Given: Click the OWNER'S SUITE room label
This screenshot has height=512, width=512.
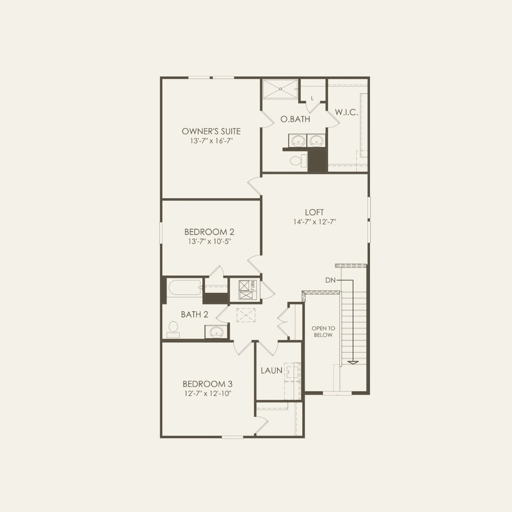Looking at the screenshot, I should point(211,131).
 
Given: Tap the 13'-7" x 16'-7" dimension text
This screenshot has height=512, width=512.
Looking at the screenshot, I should point(211,141).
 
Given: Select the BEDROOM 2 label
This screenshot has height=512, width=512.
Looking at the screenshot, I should point(209,232).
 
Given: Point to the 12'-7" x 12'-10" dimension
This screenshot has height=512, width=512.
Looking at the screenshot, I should point(208,393).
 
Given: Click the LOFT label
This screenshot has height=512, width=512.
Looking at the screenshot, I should point(314,212).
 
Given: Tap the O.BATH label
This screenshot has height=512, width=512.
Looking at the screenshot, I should point(295,119).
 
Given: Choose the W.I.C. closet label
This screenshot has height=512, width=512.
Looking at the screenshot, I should point(346,112).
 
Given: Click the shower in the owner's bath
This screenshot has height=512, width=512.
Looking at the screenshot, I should point(280,89).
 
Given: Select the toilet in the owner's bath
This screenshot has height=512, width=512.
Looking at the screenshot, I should point(298,160).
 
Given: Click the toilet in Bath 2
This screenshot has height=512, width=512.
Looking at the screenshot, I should point(173,329).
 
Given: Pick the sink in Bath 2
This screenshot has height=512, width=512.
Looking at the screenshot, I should point(216,332).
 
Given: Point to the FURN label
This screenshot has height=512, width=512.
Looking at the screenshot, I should point(253,285).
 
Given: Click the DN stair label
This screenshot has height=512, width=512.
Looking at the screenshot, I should point(330,280).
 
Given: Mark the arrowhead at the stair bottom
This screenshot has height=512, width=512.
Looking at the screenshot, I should point(353,363).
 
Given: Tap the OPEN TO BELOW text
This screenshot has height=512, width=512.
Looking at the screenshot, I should point(323,332).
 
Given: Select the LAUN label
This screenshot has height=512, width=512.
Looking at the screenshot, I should point(271,371).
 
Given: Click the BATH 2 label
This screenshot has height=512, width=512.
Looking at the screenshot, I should point(194,315).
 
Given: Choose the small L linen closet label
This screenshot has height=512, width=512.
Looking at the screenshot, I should point(312,98).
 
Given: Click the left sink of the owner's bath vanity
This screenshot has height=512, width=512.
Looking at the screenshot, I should point(298,141).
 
